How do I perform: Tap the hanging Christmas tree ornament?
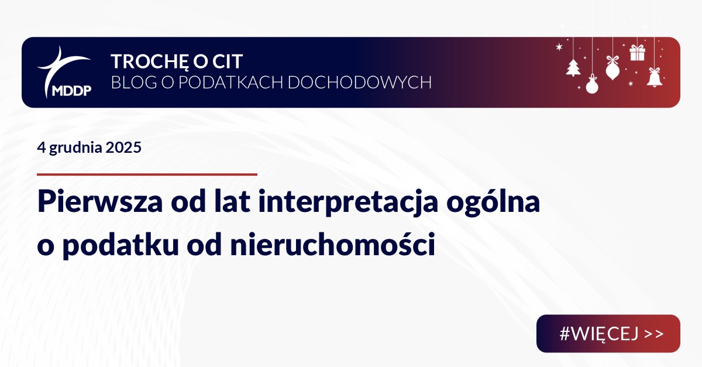click(573, 67)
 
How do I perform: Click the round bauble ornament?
click(592, 85)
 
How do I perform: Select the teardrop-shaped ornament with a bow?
click(612, 68)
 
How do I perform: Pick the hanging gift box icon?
click(637, 53)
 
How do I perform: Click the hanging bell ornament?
click(655, 77)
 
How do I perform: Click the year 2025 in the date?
click(123, 148)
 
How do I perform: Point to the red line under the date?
click(147, 174)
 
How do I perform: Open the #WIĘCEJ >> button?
click(608, 334)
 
